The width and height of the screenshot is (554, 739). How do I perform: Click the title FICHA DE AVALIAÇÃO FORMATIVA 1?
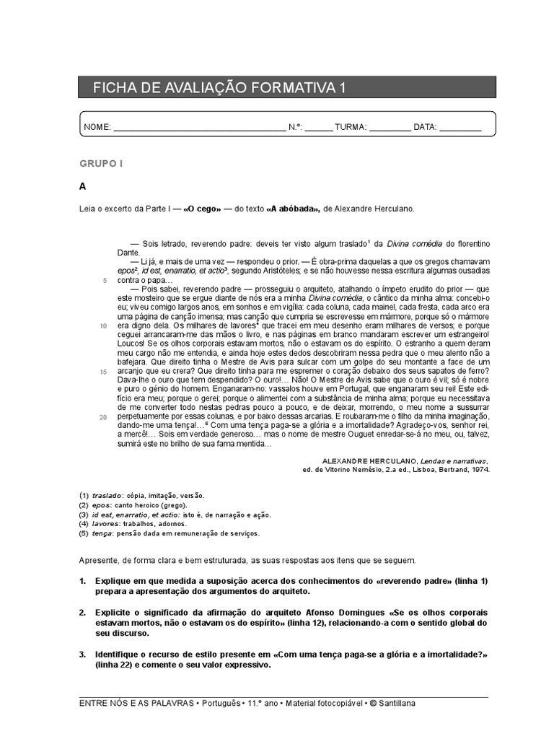click(x=219, y=87)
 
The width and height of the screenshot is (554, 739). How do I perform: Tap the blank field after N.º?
click(x=318, y=127)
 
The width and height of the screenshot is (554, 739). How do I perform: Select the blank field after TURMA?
click(x=390, y=127)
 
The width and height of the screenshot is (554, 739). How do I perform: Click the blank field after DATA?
click(x=460, y=127)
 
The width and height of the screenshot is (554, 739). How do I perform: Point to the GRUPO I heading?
click(x=101, y=164)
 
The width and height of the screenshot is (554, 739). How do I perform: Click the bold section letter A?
click(x=83, y=186)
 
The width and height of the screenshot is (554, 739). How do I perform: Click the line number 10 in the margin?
click(x=103, y=325)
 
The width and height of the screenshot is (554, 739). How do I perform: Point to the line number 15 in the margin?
click(x=103, y=372)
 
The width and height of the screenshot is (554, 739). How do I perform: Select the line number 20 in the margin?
click(x=103, y=417)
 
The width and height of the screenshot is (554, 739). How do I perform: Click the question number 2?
click(x=82, y=612)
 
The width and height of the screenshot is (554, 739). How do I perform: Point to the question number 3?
click(x=82, y=654)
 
